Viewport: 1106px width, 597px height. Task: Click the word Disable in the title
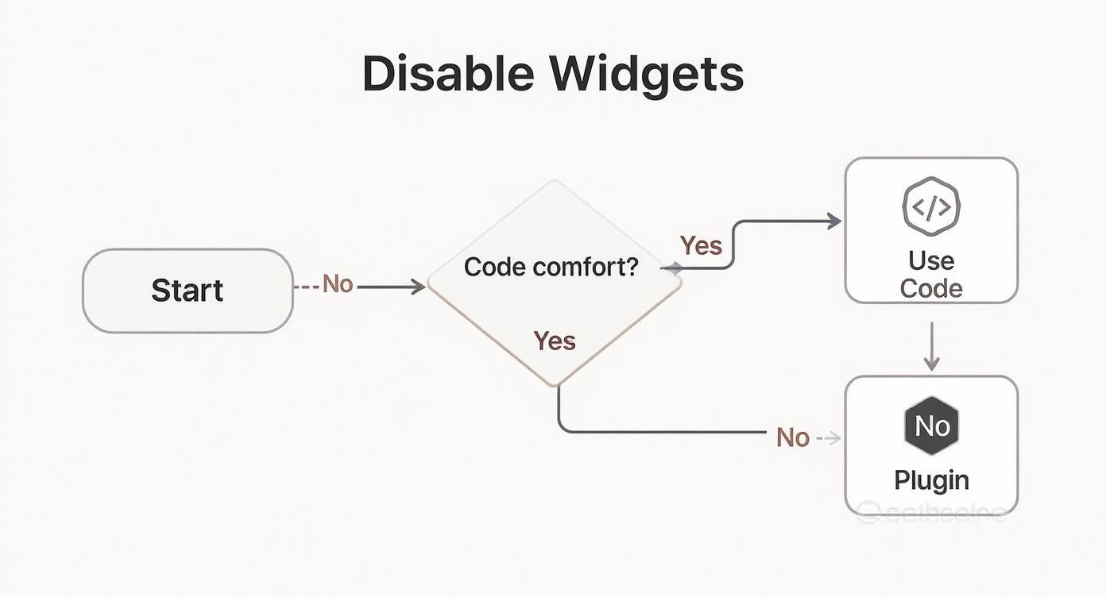click(x=449, y=74)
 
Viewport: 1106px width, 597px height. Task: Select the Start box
click(x=188, y=291)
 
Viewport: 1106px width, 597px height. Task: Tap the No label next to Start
click(x=338, y=284)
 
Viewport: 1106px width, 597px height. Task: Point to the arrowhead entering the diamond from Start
click(x=419, y=287)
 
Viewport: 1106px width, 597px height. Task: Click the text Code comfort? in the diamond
click(x=551, y=267)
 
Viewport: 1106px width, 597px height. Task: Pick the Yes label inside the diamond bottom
click(x=555, y=341)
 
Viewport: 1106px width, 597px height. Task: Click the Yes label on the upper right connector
click(x=701, y=245)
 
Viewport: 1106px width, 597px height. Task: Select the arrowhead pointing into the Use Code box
click(x=834, y=221)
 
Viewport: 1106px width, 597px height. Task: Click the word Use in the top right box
click(x=931, y=260)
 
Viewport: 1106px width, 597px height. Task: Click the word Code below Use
click(x=931, y=288)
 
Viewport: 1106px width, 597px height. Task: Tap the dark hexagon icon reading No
click(x=931, y=426)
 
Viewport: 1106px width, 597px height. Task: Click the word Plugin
click(x=931, y=480)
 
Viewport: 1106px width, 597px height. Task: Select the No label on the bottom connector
click(x=792, y=437)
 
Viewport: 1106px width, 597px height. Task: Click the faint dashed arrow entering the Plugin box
click(x=830, y=437)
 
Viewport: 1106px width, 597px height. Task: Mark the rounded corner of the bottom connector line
click(x=563, y=428)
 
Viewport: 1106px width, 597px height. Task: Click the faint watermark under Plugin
click(x=931, y=513)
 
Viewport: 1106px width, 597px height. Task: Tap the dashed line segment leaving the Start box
click(x=306, y=287)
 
